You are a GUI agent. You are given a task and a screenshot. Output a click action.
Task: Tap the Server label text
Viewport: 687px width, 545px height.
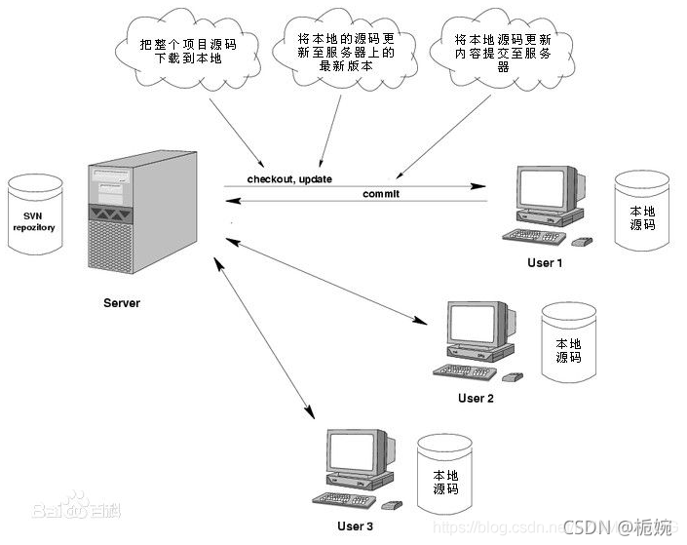pos(122,303)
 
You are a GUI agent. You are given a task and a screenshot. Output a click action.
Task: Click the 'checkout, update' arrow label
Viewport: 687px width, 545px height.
pos(288,178)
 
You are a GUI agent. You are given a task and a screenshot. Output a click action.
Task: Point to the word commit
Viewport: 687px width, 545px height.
pos(381,193)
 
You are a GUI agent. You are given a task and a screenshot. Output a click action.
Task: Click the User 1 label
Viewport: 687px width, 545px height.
pos(545,263)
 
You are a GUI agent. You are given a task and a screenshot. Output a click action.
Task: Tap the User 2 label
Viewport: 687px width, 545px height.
pos(477,398)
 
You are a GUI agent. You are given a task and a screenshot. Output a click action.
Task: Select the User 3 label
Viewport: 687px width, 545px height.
pos(355,526)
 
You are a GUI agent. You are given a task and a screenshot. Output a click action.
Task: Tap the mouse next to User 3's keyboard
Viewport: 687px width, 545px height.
pos(392,506)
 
